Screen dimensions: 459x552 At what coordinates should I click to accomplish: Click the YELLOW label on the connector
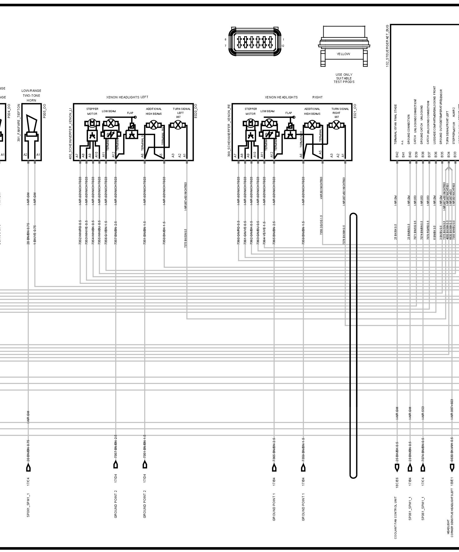(x=343, y=54)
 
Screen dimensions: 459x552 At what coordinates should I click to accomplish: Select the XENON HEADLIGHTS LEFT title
(x=127, y=97)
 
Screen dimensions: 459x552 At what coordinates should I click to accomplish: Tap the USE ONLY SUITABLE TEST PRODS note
(x=344, y=78)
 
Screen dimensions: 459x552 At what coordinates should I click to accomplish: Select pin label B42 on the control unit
(x=397, y=155)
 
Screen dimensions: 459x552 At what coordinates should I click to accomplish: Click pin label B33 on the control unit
(x=455, y=155)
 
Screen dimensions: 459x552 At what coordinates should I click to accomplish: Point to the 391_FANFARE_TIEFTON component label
(x=19, y=127)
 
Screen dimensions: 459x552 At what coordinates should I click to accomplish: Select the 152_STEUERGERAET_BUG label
(x=387, y=46)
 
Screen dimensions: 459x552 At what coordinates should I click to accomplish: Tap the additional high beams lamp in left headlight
(x=152, y=125)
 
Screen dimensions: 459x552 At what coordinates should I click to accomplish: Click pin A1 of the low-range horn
(x=38, y=155)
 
